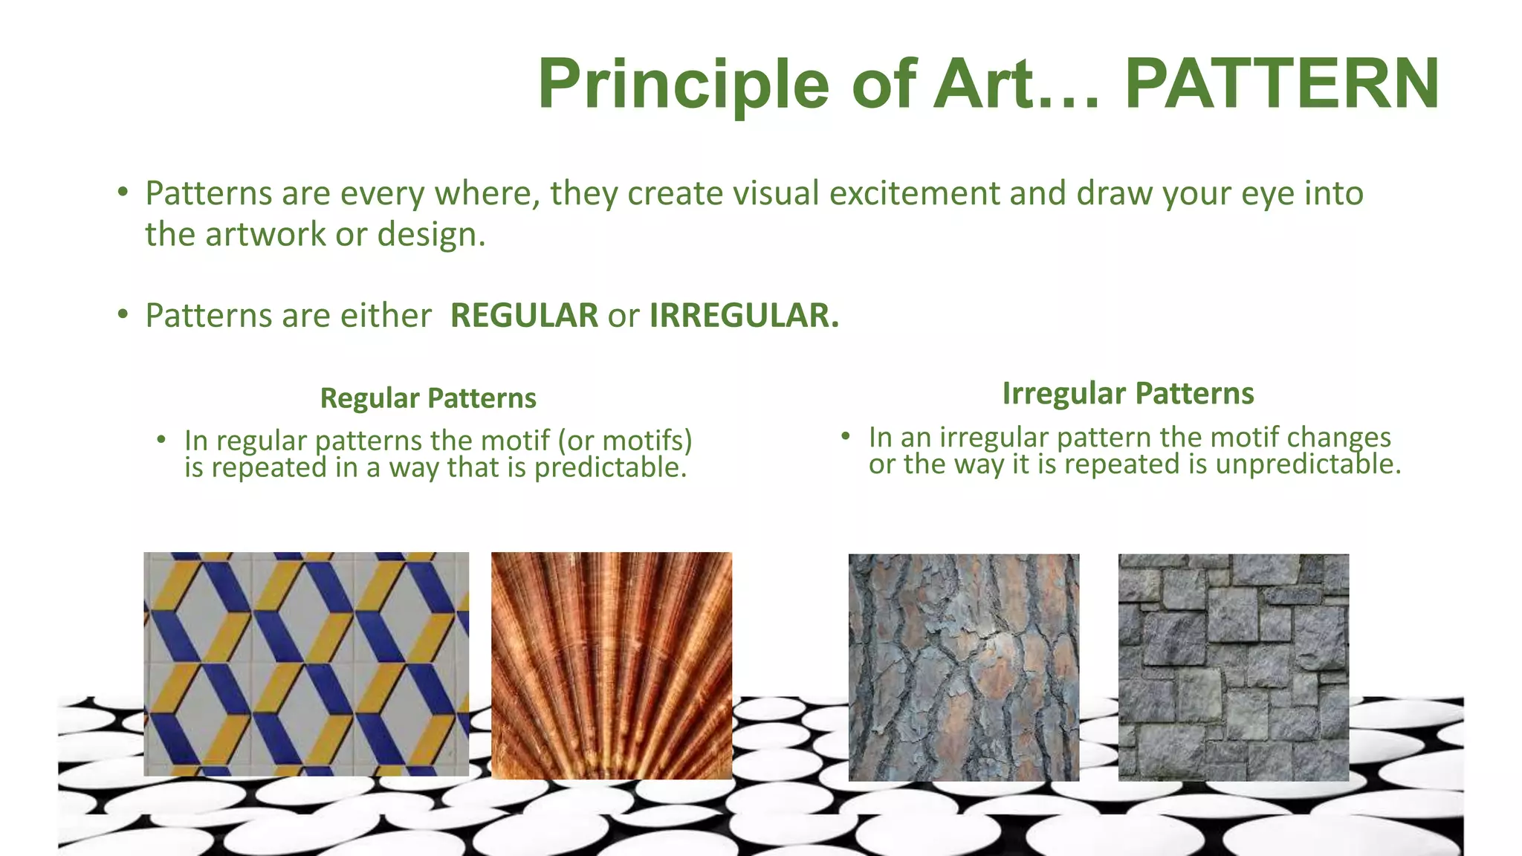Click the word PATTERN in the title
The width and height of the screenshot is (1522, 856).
point(1282,84)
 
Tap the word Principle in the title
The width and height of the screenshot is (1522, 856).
point(682,84)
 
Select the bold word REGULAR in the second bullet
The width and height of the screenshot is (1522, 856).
point(524,316)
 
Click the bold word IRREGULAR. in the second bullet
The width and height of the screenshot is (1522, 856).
point(744,316)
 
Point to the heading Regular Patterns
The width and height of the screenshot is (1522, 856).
point(428,399)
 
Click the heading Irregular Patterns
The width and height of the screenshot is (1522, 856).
point(1127,394)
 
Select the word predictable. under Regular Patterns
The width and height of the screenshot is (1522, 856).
point(610,468)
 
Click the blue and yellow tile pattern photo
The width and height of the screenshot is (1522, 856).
point(306,664)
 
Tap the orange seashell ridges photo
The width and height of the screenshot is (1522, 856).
point(612,665)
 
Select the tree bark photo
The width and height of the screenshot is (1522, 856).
point(964,667)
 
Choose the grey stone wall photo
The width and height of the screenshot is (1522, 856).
point(1233,667)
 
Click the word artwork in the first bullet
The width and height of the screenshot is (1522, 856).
point(265,235)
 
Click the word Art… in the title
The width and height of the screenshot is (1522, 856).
point(1016,84)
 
